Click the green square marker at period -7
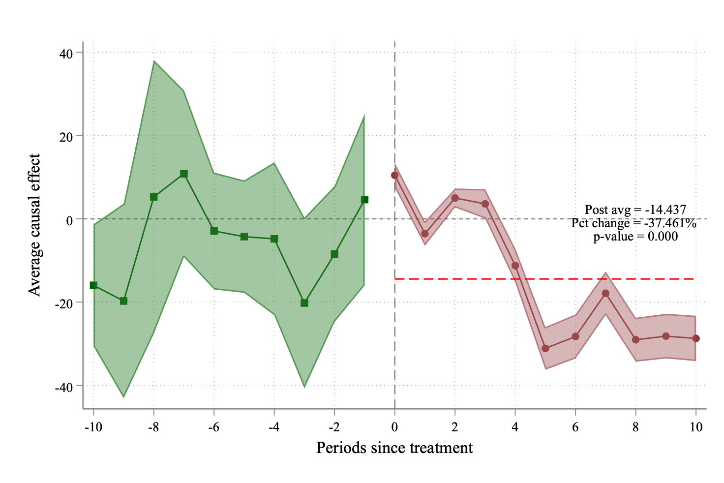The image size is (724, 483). click(184, 174)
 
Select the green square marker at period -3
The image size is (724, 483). click(304, 303)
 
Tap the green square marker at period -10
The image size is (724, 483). click(93, 285)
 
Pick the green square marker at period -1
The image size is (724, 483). click(364, 200)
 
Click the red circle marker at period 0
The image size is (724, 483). click(394, 175)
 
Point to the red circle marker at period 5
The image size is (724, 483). click(545, 348)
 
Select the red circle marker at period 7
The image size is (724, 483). click(605, 294)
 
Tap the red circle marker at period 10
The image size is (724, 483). click(696, 338)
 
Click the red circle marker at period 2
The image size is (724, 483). click(455, 198)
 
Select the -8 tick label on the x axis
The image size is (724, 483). click(153, 427)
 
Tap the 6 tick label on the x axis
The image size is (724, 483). click(575, 427)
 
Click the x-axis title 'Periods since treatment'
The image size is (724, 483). click(394, 448)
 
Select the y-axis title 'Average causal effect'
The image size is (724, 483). click(34, 225)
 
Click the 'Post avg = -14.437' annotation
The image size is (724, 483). click(635, 210)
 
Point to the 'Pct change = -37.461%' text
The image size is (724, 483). click(633, 223)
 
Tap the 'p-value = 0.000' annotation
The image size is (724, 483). click(635, 237)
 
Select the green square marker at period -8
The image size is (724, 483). click(154, 197)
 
